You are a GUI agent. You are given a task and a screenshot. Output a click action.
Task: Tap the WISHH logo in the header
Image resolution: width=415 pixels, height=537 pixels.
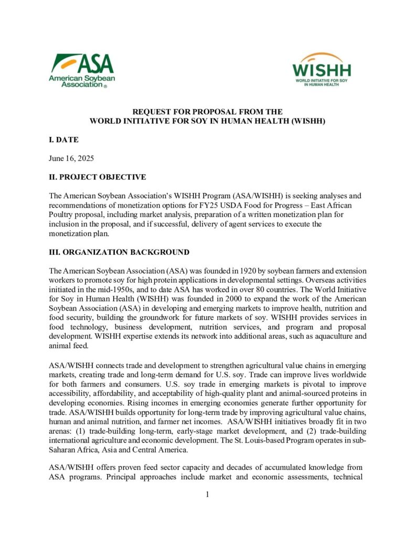click(x=322, y=70)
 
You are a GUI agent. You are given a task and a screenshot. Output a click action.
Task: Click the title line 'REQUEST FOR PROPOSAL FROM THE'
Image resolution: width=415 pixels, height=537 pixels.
click(x=207, y=112)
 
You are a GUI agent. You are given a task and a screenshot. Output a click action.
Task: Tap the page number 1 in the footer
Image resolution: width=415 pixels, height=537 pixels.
click(x=207, y=494)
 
